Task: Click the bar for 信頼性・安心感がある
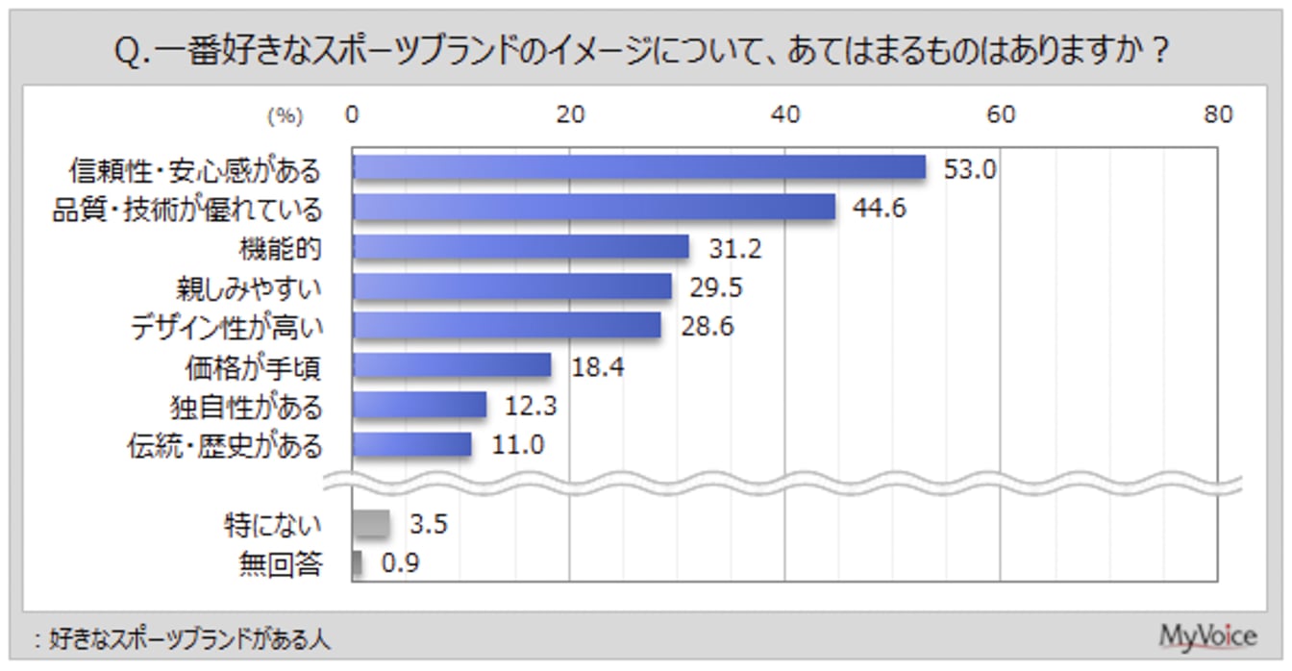click(638, 168)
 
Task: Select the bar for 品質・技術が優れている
click(593, 208)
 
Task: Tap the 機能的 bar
click(520, 247)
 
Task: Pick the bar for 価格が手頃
click(451, 365)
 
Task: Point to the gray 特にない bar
click(371, 524)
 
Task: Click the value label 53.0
click(969, 169)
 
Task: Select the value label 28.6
click(707, 327)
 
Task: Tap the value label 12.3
click(530, 406)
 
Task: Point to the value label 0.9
click(400, 564)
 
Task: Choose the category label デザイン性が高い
click(227, 327)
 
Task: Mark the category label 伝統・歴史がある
click(225, 446)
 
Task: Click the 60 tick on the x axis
click(1002, 114)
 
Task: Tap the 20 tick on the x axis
click(570, 114)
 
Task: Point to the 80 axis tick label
click(1218, 114)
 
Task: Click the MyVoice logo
click(1207, 635)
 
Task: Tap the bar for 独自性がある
click(419, 406)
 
